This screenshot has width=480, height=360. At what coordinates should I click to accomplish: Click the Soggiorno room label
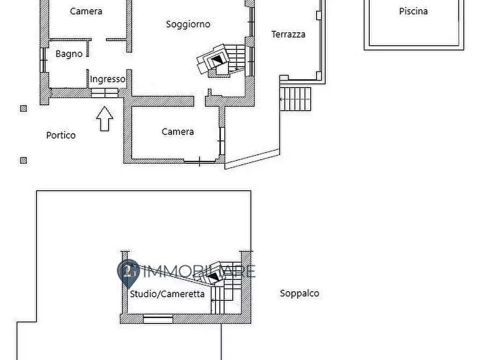(188, 24)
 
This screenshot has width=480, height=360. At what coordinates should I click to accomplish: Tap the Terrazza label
(288, 34)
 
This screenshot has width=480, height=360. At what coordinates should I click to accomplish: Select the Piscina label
(413, 11)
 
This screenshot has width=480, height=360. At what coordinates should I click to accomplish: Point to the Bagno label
(69, 54)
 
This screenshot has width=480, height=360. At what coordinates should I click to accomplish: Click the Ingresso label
(108, 79)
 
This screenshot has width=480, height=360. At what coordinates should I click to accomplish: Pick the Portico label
(61, 135)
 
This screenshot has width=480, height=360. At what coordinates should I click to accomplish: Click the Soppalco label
(299, 293)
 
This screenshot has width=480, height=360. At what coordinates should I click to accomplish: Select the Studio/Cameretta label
(167, 294)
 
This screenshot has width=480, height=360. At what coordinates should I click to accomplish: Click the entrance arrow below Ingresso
(105, 118)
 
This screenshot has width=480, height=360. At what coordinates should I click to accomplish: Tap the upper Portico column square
(23, 109)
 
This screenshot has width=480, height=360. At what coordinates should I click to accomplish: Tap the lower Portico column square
(23, 160)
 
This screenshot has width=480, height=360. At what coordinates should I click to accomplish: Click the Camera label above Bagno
(86, 11)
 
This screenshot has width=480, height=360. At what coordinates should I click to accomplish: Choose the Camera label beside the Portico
(177, 132)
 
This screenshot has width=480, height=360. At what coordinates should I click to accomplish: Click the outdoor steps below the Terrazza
(296, 99)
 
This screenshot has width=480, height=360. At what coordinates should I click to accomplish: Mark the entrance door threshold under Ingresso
(104, 92)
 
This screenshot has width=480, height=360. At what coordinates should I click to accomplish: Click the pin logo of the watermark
(128, 271)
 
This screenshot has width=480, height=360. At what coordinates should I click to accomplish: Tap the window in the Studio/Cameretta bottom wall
(158, 319)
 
